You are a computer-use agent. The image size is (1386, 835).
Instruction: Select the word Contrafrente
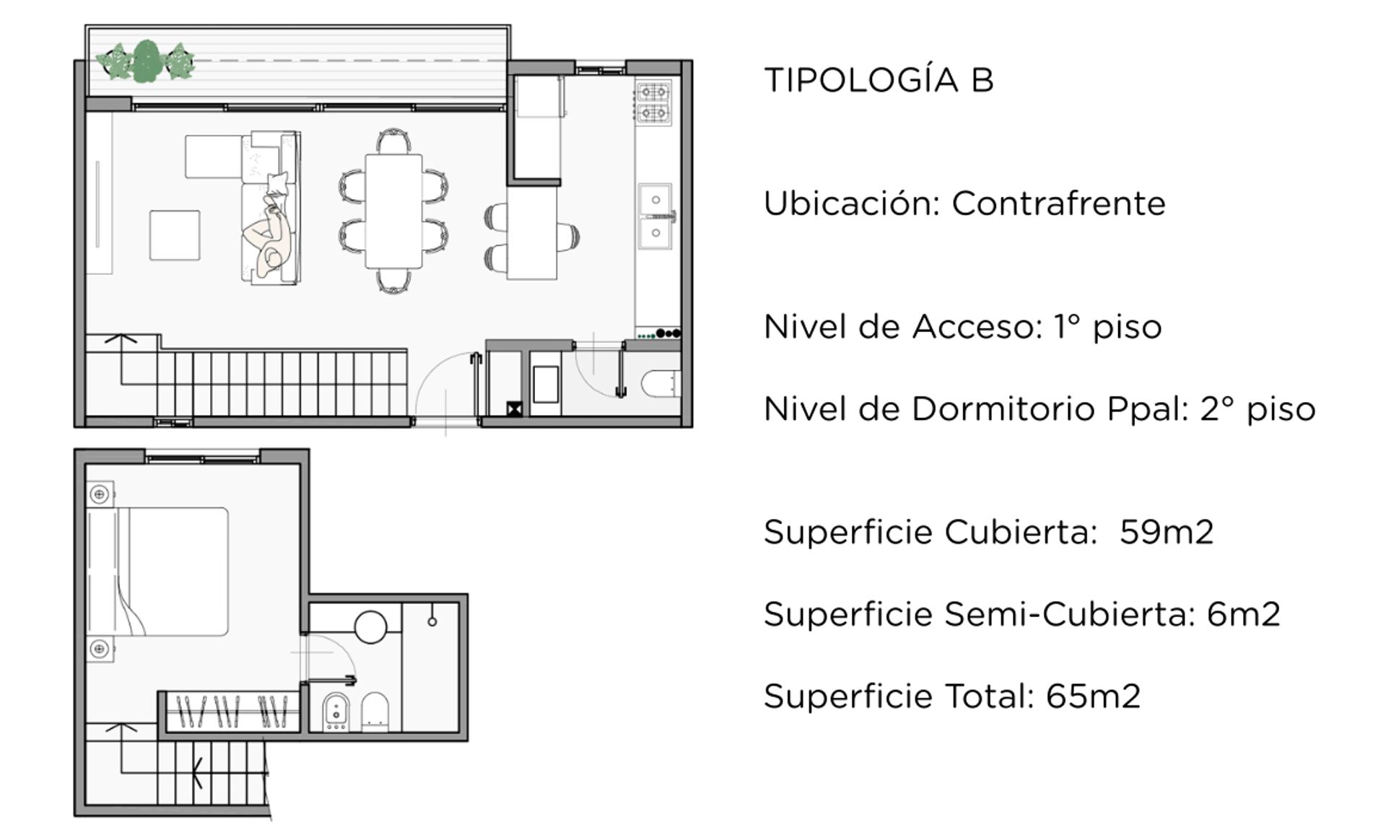[x=1058, y=204]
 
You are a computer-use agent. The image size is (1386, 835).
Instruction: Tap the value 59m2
[x=1167, y=532]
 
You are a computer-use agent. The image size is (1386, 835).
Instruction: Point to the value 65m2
[x=1093, y=696]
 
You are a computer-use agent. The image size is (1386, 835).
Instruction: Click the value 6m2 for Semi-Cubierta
[x=1244, y=614]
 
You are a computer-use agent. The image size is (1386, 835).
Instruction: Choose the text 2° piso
[x=1258, y=409]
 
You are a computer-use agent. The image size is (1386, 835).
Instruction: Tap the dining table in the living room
[x=393, y=211]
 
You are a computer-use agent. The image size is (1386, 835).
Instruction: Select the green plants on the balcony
[x=147, y=62]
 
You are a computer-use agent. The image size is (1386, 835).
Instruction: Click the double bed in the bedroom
[x=158, y=572]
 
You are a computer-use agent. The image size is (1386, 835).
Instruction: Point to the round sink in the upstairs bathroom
[x=371, y=626]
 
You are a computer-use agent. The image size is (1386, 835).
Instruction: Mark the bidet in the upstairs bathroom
[x=335, y=711]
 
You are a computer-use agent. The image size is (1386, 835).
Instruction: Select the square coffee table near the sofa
[x=175, y=235]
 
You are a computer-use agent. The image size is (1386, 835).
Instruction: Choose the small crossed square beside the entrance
[x=514, y=410]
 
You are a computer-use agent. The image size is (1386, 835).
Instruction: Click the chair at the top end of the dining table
[x=394, y=141]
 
